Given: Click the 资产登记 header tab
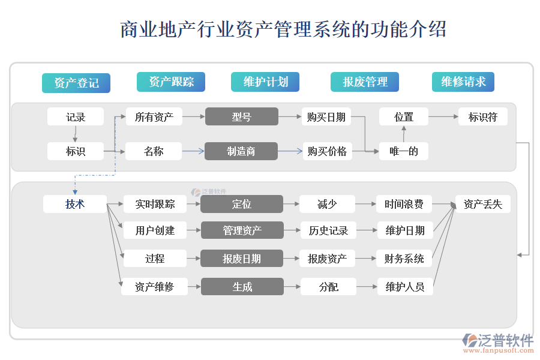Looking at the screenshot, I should point(76,83).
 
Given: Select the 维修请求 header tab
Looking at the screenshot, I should point(463,82).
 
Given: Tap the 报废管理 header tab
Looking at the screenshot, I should point(365,82).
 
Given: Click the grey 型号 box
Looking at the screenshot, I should point(242,116).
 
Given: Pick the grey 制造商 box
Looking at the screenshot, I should point(241,151).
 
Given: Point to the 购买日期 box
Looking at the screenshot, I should point(326,117).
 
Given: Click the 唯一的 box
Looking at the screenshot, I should point(404,151).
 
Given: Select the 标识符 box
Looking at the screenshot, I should point(483,116).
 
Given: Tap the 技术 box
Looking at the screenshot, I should point(75,204).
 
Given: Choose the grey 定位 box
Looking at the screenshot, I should point(242,204).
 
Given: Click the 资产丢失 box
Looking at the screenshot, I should point(483,204).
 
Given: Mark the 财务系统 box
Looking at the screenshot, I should point(404,259).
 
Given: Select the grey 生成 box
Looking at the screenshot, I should point(242,287).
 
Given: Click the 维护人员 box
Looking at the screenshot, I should point(404,287).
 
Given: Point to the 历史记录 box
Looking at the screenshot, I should point(328,230).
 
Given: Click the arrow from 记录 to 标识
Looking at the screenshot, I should point(75,134).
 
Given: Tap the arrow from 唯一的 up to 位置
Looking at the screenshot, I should point(404,134).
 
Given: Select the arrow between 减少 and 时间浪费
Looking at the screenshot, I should point(365,204).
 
